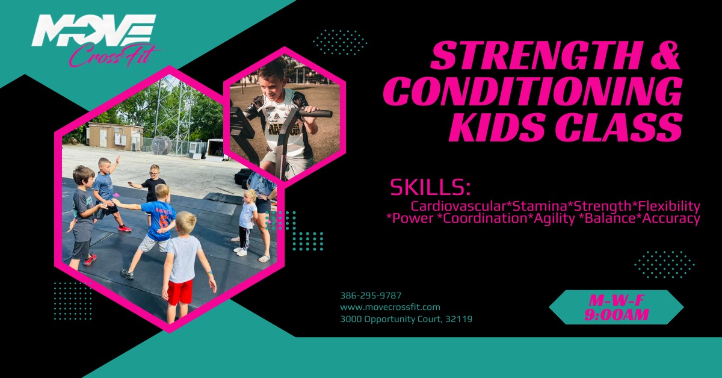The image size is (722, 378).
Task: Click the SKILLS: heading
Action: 430,187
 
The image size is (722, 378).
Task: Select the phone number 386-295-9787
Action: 371,296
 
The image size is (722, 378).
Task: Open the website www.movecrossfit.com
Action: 390,307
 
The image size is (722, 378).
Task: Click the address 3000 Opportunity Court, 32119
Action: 406,319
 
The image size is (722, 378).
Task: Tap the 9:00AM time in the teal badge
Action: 616,315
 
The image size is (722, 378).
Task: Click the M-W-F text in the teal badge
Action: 616,300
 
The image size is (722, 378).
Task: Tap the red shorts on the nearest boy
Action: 180,292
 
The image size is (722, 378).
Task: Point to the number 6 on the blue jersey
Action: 162,220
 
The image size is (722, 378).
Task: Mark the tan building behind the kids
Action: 114,137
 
